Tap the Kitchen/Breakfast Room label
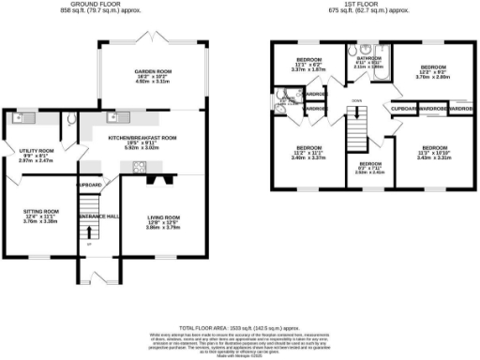click(142, 138)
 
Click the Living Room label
click(164, 217)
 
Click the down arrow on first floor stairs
click(356, 100)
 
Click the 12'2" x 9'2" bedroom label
click(432, 67)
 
